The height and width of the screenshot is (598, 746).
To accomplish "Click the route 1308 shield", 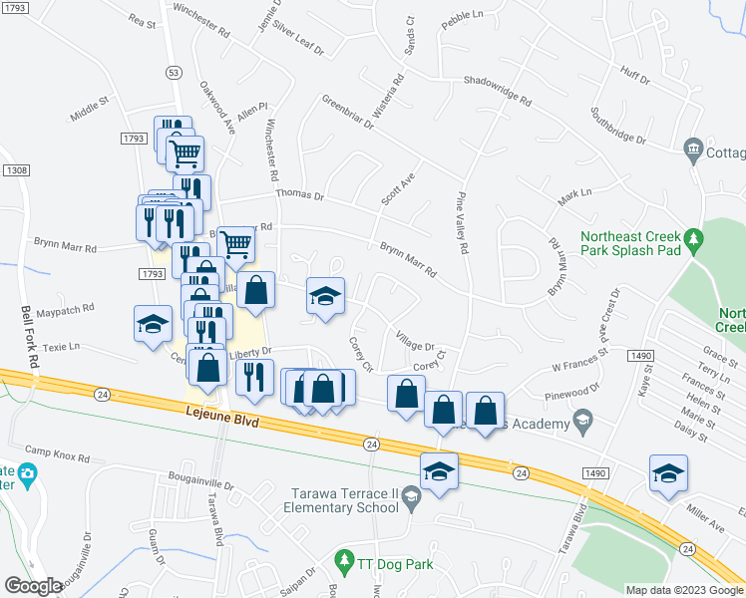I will click(x=16, y=171).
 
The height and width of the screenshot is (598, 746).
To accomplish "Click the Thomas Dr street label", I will click(x=299, y=196).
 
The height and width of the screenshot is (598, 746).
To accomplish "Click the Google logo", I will click(x=34, y=586).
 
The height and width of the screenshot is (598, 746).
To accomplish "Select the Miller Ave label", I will click(x=705, y=516).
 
